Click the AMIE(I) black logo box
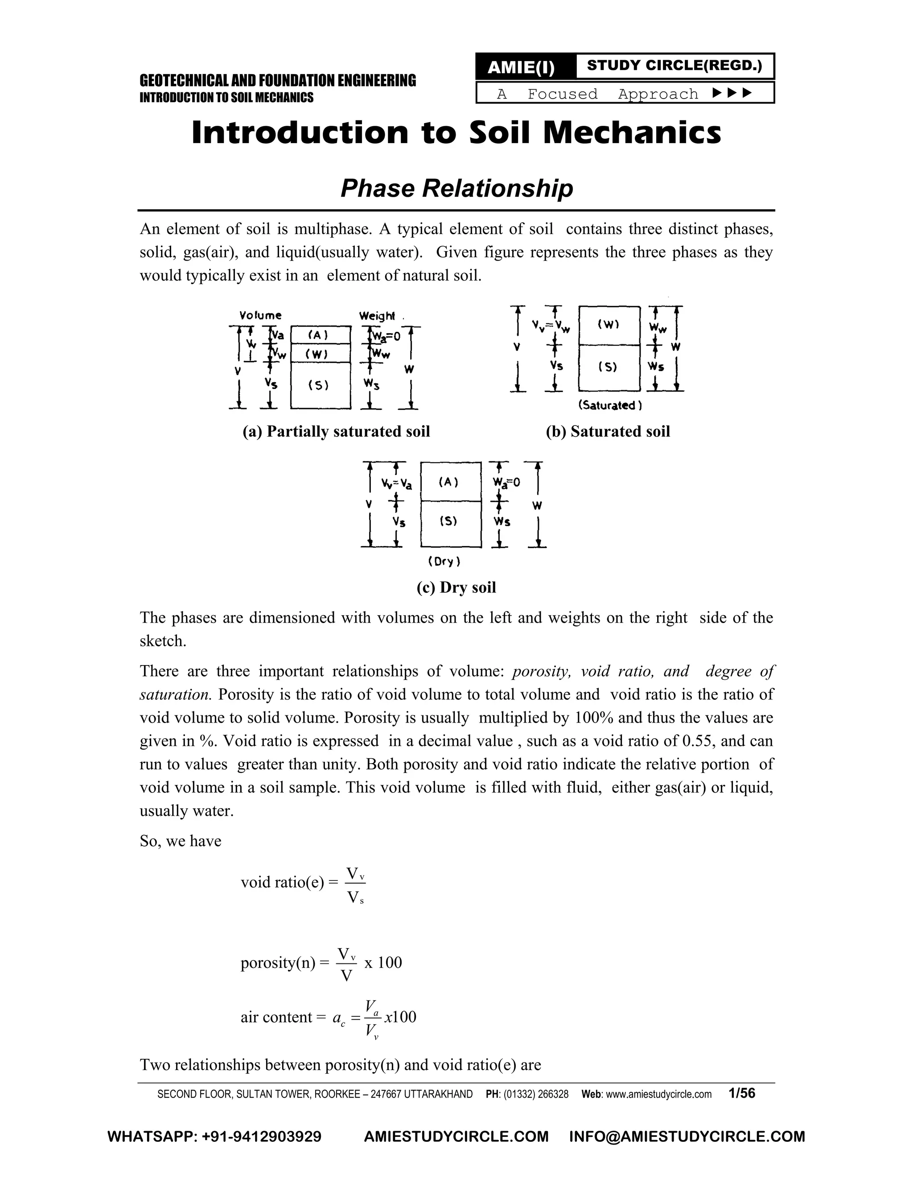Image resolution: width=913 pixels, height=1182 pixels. click(525, 67)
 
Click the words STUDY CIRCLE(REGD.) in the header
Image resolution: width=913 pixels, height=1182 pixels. click(674, 66)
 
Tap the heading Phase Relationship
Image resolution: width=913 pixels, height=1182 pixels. click(456, 188)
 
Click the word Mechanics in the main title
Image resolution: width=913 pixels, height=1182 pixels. click(631, 133)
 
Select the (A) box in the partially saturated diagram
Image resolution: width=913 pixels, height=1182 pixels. click(320, 335)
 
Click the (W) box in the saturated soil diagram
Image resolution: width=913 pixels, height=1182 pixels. click(609, 325)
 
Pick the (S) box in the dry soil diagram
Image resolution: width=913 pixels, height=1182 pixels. click(450, 522)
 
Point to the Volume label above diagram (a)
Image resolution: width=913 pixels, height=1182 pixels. click(261, 315)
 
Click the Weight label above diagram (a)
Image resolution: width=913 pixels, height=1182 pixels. click(377, 315)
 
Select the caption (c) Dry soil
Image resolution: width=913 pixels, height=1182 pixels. click(456, 587)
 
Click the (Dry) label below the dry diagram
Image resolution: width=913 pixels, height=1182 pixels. click(444, 562)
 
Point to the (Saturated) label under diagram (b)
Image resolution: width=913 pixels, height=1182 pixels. click(609, 405)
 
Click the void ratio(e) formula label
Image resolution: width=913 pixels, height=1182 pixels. click(282, 883)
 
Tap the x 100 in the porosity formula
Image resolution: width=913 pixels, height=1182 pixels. click(383, 962)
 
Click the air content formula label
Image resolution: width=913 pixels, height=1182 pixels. click(276, 1017)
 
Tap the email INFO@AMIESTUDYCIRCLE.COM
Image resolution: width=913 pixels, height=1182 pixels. click(687, 1137)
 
